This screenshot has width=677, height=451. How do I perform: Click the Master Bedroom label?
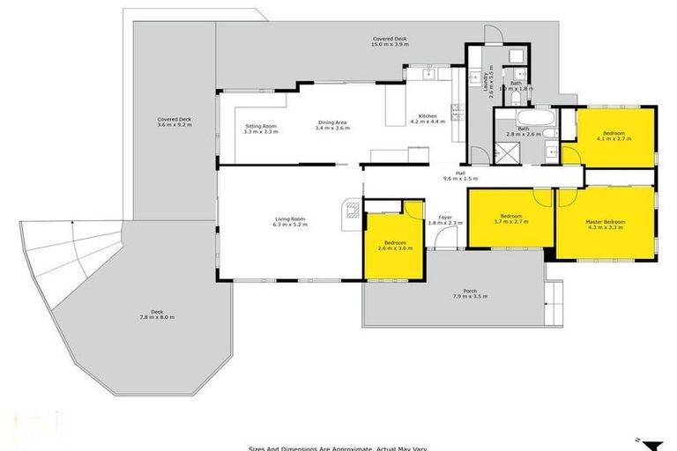[x=606, y=221]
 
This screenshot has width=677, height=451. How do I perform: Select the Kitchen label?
[x=428, y=116]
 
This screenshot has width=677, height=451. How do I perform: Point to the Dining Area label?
[x=331, y=122]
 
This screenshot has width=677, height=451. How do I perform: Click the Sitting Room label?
[x=261, y=126]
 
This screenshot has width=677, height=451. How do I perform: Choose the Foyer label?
[x=445, y=218]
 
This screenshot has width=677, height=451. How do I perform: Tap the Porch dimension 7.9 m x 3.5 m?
[x=469, y=296]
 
